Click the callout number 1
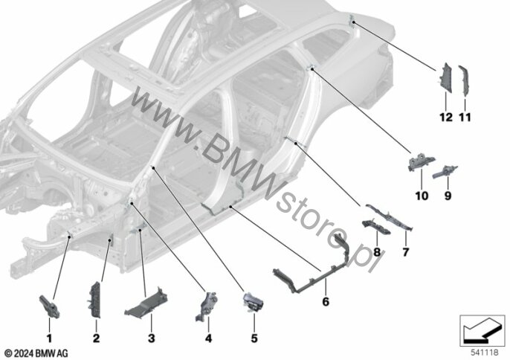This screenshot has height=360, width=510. [x=49, y=338]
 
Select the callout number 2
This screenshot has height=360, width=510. [x=97, y=338]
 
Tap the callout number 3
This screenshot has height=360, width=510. [x=151, y=338]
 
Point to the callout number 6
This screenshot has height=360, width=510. [x=326, y=302]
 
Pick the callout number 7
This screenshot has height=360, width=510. [x=406, y=252]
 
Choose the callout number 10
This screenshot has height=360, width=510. [x=422, y=196]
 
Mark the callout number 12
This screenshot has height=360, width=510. [x=446, y=117]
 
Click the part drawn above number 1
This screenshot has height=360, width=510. [x=49, y=306]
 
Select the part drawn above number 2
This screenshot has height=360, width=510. [x=95, y=300]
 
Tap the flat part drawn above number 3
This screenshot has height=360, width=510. [x=146, y=303]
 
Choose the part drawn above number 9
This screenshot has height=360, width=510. [x=445, y=172]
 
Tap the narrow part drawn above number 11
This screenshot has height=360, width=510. [x=463, y=81]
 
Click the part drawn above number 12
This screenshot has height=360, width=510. [x=445, y=78]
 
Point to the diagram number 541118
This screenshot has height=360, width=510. [x=485, y=352]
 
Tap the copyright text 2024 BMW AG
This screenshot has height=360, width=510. [x=36, y=353]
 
